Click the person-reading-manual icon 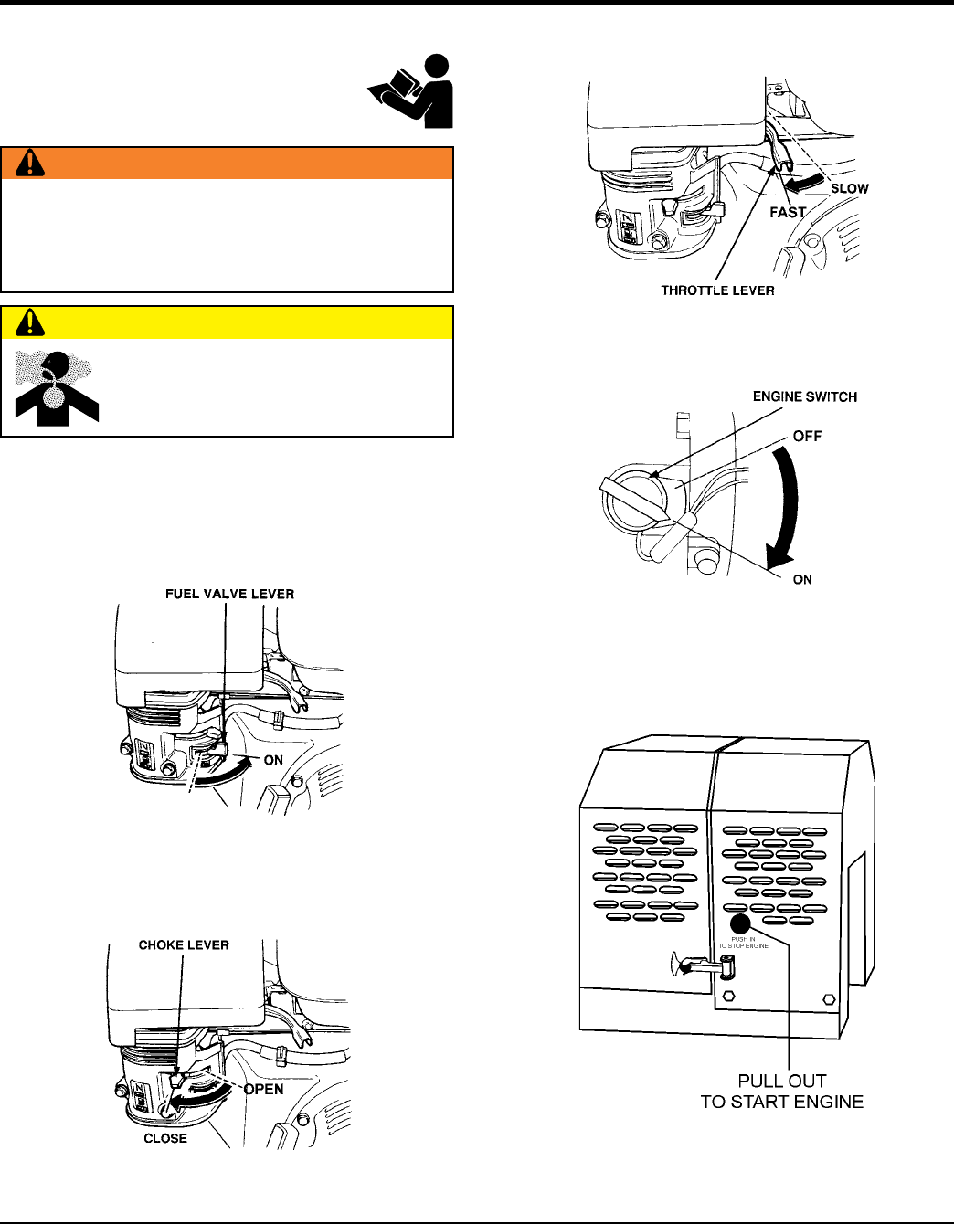point(412,91)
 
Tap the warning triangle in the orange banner point(31,163)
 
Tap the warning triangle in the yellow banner point(31,322)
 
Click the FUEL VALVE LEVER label point(229,594)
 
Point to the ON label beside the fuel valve point(273,760)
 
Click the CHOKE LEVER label point(184,945)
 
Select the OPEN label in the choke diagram point(264,1089)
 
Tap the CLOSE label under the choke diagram point(165,1138)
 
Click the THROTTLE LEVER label point(717,290)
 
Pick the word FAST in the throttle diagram point(787,212)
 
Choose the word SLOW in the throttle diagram point(849,188)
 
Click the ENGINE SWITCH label point(804,396)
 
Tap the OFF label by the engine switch point(807,436)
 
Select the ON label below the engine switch point(802,579)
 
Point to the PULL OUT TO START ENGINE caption point(781,1092)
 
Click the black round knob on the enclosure point(740,923)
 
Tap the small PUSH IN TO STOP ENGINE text point(743,943)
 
